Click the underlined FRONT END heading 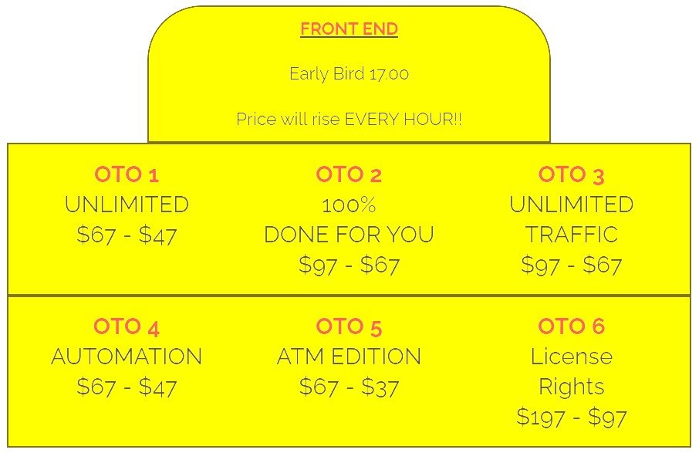(x=349, y=29)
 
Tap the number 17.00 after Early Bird (x=389, y=74)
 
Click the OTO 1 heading (x=127, y=174)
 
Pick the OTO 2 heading (x=349, y=174)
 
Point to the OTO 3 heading (x=571, y=174)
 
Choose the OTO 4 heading (x=127, y=327)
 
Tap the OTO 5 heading (x=349, y=327)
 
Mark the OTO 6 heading (x=571, y=326)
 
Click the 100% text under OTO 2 (x=349, y=205)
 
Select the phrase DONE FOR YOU (x=349, y=235)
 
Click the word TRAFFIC (x=572, y=235)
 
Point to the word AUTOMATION (x=127, y=357)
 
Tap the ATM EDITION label (x=349, y=357)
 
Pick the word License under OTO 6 (x=572, y=357)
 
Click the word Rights (x=572, y=387)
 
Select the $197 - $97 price (x=572, y=418)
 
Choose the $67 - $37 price (x=349, y=387)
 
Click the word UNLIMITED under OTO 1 (x=127, y=205)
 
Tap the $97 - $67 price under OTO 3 (x=572, y=265)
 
